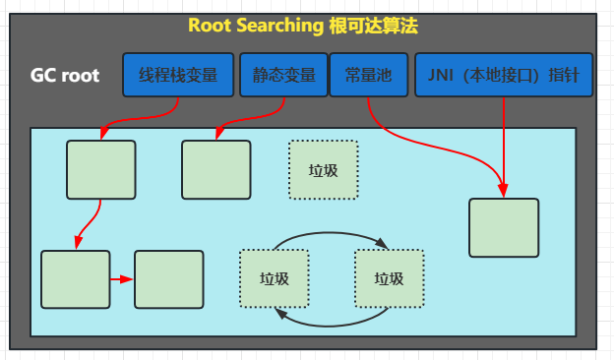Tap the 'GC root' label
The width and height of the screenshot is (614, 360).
click(65, 76)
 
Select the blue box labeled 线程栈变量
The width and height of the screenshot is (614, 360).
click(178, 76)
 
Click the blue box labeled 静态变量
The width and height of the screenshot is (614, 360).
click(283, 76)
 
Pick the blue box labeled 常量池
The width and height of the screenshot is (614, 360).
click(368, 76)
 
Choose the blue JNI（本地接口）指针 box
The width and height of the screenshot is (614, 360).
click(504, 76)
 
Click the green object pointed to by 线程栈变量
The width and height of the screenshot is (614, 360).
click(100, 169)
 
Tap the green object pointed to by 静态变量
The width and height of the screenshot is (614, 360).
click(215, 169)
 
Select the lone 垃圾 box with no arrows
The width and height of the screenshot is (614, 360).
click(323, 169)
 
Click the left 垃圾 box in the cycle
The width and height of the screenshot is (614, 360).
click(275, 278)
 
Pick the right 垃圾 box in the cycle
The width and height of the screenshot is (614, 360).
click(389, 278)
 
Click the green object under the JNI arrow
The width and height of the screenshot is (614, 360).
click(504, 227)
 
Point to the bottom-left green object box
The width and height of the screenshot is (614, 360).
click(75, 279)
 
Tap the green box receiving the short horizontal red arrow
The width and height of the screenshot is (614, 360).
click(168, 279)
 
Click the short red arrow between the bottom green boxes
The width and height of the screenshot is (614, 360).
click(121, 279)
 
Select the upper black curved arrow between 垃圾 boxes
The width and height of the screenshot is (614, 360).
click(332, 233)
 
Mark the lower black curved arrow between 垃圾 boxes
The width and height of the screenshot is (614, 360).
click(332, 322)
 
